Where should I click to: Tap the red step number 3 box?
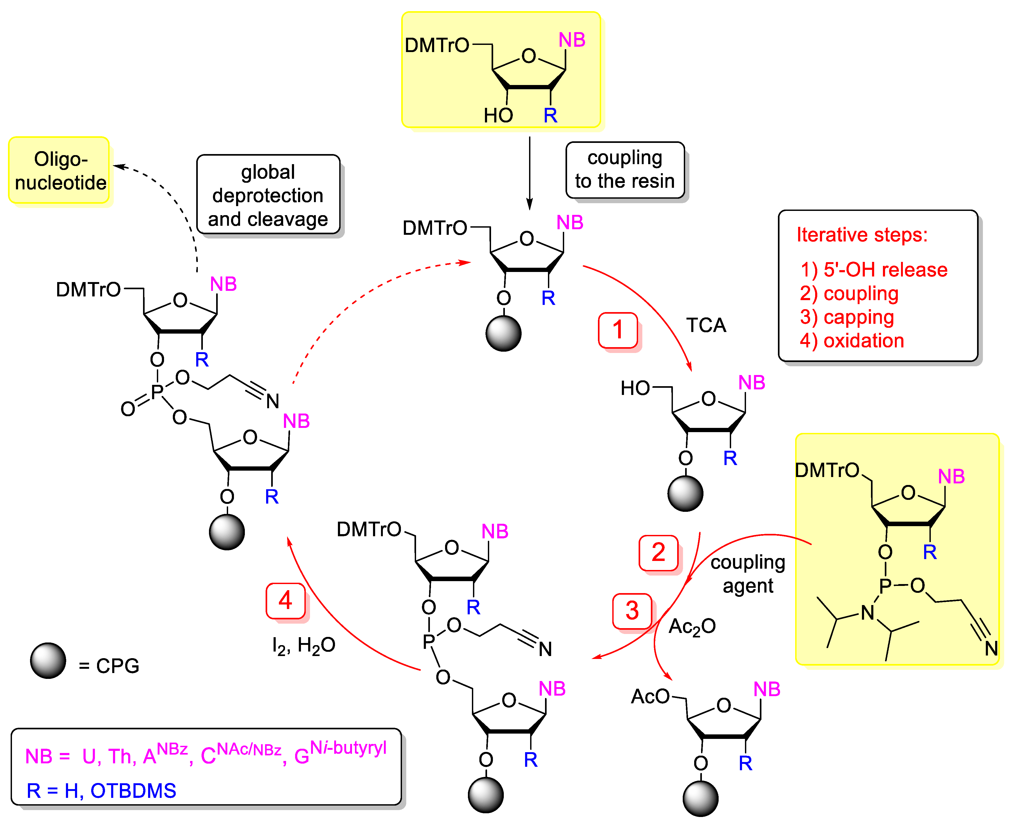pos(632,611)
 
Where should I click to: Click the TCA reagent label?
pos(706,326)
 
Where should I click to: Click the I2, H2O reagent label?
pos(303,646)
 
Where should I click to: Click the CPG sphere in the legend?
pos(48,661)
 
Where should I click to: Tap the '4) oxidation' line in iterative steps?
pos(852,341)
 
